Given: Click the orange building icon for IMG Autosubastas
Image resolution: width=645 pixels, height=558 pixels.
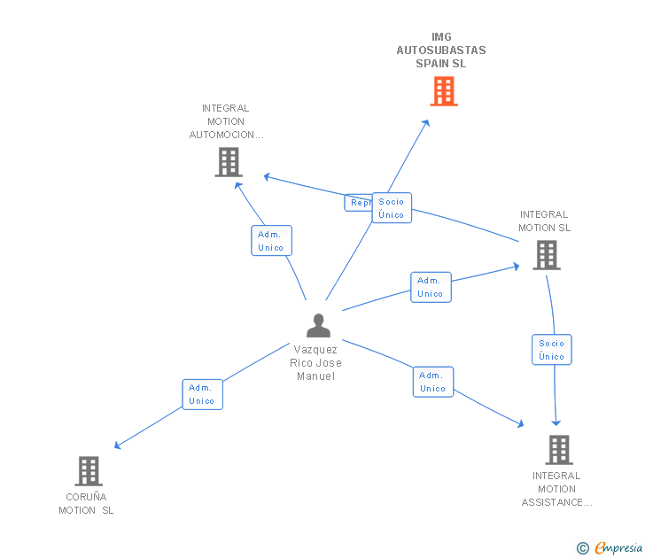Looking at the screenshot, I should click(x=444, y=91).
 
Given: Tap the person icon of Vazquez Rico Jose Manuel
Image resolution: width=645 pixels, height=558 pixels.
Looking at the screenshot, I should click(x=318, y=326).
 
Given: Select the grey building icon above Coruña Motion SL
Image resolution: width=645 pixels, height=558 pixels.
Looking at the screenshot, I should click(x=89, y=470).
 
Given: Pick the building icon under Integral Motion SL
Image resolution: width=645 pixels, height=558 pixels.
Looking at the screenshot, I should click(x=547, y=255).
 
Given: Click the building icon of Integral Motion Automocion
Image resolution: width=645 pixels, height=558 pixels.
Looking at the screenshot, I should click(x=229, y=162).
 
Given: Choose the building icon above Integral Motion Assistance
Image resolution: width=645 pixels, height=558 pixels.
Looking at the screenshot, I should click(x=558, y=450).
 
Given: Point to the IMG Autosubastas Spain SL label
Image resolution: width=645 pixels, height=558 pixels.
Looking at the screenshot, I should click(x=441, y=50).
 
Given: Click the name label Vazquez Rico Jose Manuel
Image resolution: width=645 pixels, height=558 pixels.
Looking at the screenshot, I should click(x=316, y=363).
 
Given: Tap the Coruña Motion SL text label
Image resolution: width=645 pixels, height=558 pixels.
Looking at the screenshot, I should click(x=86, y=503).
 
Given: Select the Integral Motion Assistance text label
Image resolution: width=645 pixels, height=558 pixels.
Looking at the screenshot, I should click(x=556, y=489).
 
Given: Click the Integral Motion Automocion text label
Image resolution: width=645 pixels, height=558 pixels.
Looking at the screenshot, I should click(x=227, y=122).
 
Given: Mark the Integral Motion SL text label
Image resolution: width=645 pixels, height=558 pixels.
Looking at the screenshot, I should click(x=544, y=221).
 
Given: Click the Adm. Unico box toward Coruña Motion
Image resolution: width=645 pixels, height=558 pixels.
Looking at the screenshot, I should click(x=202, y=394).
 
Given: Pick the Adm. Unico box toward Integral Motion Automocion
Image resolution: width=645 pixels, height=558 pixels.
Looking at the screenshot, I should click(x=271, y=241).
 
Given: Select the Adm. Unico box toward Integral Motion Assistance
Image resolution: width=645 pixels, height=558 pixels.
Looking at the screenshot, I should click(x=432, y=382).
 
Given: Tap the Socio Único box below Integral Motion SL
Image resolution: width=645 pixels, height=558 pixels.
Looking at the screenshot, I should click(x=551, y=350).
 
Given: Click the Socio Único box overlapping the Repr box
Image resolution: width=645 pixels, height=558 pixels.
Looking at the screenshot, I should click(x=392, y=208).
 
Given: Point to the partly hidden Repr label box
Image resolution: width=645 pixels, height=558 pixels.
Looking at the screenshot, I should click(x=358, y=203).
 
